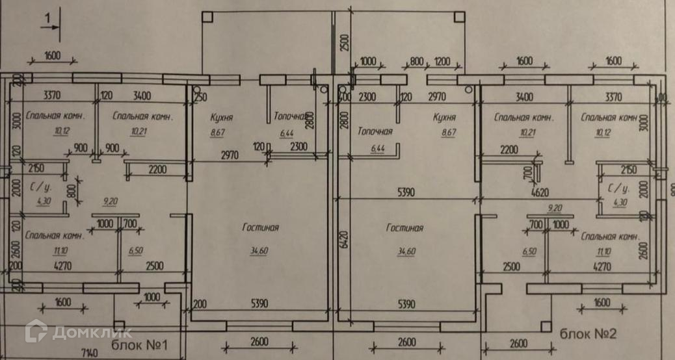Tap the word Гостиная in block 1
click(260, 227)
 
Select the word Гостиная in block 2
click(404, 228)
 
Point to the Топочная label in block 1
click(289, 118)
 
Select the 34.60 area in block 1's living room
click(260, 251)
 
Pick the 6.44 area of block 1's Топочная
click(287, 133)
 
